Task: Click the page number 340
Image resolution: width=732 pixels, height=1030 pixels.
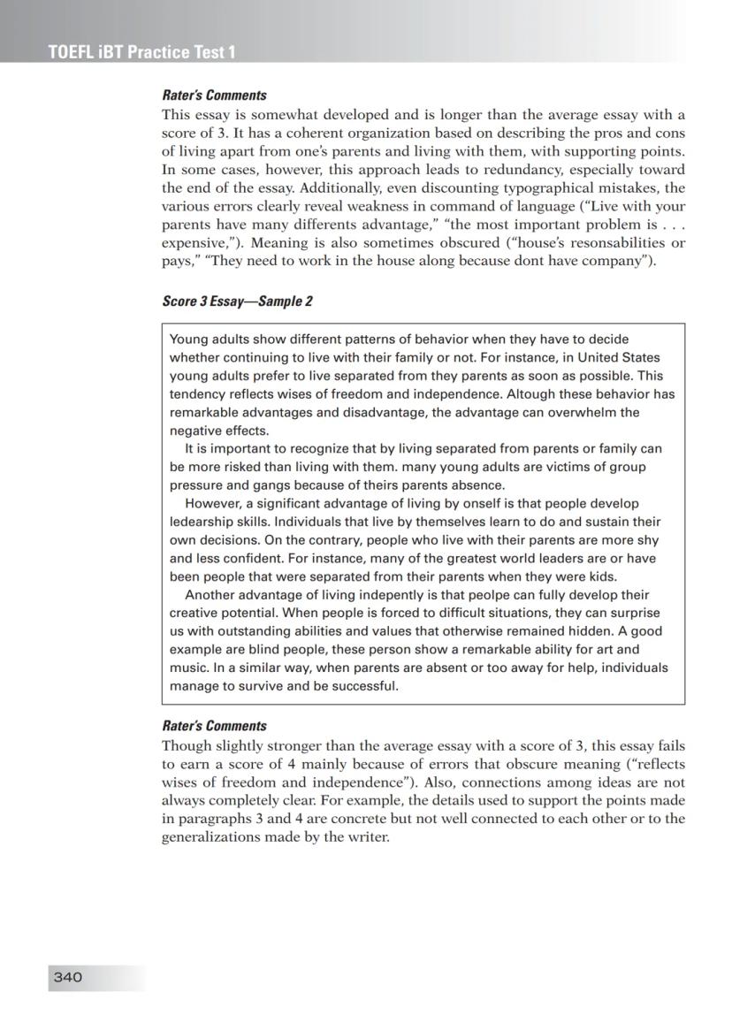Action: [68, 977]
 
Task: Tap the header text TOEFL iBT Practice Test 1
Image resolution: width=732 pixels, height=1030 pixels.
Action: [142, 52]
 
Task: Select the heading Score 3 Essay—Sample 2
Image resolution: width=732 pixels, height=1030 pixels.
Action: [237, 301]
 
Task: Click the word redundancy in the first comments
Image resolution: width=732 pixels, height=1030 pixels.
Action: [468, 170]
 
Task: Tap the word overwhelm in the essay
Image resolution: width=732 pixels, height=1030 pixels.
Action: [580, 412]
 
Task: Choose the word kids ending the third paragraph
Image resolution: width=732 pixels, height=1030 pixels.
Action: [600, 576]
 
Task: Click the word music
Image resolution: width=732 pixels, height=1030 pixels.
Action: [187, 668]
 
